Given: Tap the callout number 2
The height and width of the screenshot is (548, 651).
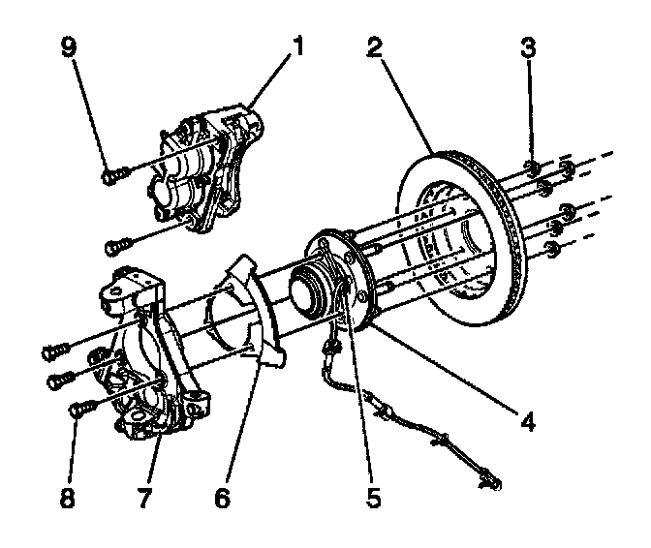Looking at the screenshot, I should click(x=374, y=46).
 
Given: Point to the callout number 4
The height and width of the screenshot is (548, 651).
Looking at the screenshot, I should click(x=528, y=421).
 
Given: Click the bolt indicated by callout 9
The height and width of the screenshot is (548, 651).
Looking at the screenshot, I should click(x=111, y=175).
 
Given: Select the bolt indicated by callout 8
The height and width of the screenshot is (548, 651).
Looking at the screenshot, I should click(x=79, y=410).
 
